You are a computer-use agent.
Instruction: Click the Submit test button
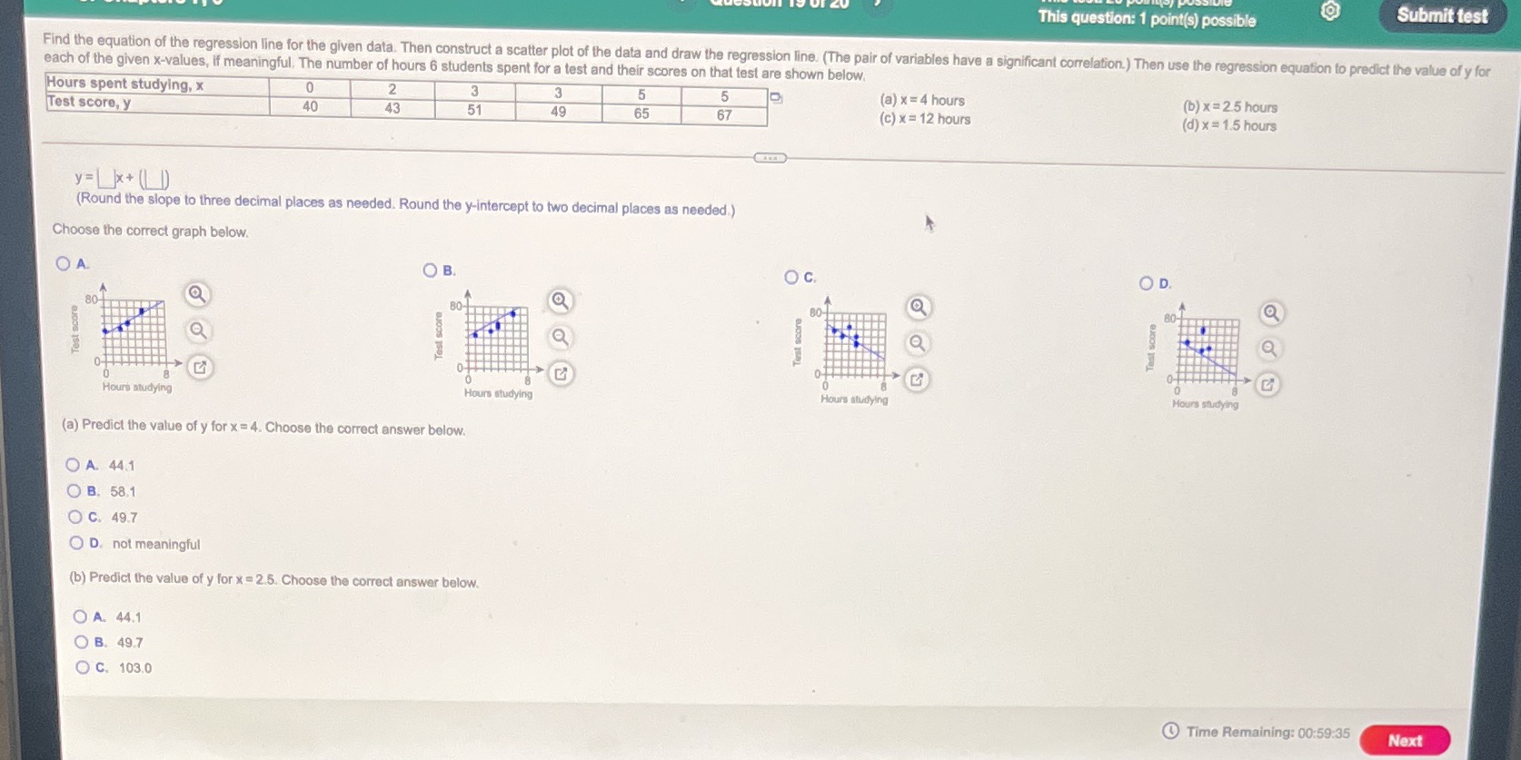pyautogui.click(x=1441, y=15)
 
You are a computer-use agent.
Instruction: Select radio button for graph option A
pyautogui.click(x=63, y=263)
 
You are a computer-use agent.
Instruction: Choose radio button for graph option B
pyautogui.click(x=430, y=270)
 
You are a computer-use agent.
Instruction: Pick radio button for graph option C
pyautogui.click(x=791, y=277)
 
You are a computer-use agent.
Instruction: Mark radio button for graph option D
pyautogui.click(x=1146, y=283)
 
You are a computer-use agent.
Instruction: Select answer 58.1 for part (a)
pyautogui.click(x=74, y=491)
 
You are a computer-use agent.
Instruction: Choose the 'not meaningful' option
pyautogui.click(x=76, y=543)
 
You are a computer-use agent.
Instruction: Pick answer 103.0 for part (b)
pyautogui.click(x=83, y=667)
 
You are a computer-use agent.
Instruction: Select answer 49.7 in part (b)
pyautogui.click(x=82, y=642)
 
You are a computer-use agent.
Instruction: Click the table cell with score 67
pyautogui.click(x=723, y=115)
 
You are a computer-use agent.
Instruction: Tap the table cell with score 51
pyautogui.click(x=474, y=110)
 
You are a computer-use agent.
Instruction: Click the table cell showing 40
pyautogui.click(x=310, y=106)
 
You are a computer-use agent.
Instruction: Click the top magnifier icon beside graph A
pyautogui.click(x=196, y=294)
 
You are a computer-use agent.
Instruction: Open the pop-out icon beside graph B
pyautogui.click(x=561, y=373)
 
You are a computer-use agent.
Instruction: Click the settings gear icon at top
pyautogui.click(x=1330, y=11)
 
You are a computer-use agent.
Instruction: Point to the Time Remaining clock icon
pyautogui.click(x=1171, y=731)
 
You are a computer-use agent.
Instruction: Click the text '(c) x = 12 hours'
pyautogui.click(x=925, y=119)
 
